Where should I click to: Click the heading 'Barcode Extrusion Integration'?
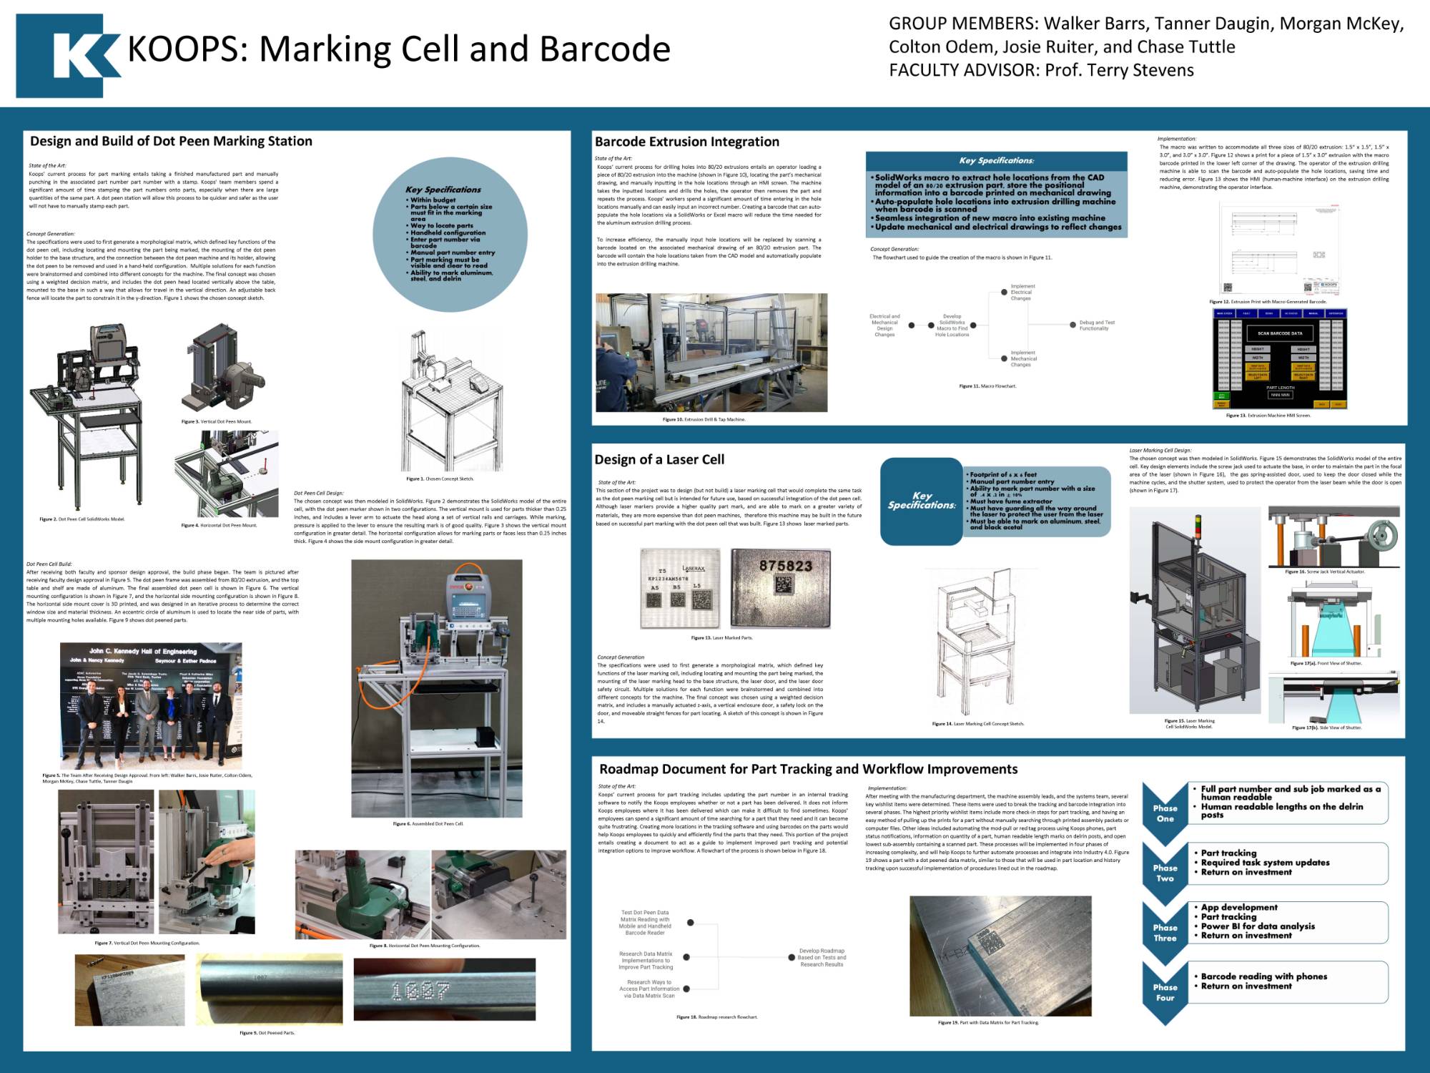tap(686, 142)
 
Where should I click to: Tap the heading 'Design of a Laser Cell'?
tap(659, 459)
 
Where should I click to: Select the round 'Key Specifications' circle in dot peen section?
tap(450, 235)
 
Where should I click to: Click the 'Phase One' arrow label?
tap(1165, 813)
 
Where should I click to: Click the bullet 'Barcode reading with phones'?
tap(1263, 976)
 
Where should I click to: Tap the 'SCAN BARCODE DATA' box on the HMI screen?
tap(1280, 333)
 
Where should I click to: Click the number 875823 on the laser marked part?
tap(785, 566)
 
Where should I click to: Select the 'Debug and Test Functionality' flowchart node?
tap(1096, 325)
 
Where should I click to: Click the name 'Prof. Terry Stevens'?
tap(1119, 70)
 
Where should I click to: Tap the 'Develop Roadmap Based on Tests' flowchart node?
tap(821, 957)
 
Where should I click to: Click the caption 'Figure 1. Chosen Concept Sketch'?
tap(440, 479)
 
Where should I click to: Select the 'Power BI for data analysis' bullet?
tap(1257, 926)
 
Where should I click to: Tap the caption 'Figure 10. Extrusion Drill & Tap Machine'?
tap(704, 419)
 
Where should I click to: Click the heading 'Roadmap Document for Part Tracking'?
tap(808, 769)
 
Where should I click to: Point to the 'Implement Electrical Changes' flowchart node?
tap(1022, 292)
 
